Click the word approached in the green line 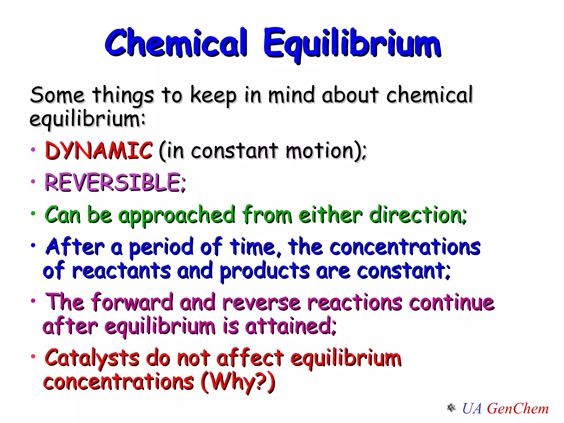click(177, 215)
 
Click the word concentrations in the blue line click(405, 247)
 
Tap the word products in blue click(264, 271)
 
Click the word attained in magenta click(290, 326)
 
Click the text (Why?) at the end click(238, 382)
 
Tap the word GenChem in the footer click(518, 408)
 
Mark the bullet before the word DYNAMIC click(33, 150)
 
